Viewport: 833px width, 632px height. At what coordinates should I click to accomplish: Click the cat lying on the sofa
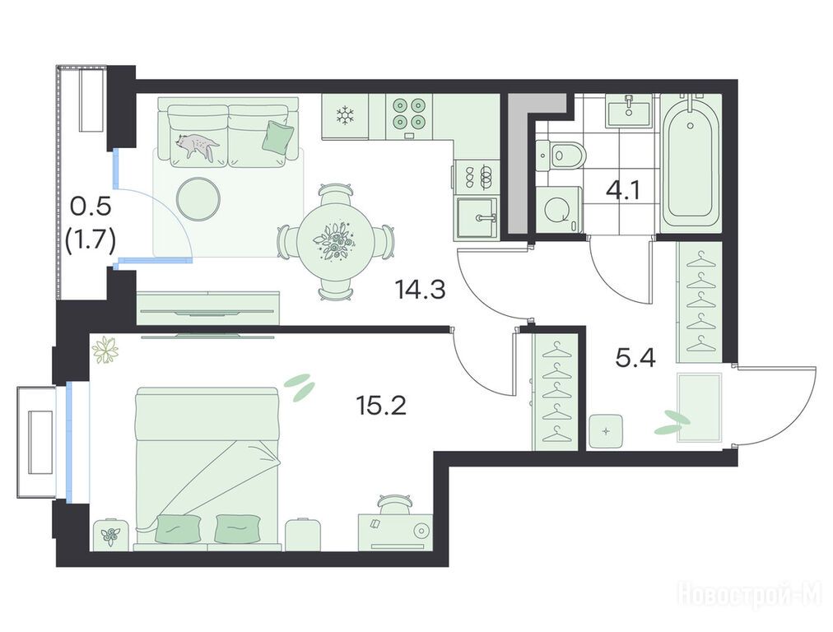(197, 145)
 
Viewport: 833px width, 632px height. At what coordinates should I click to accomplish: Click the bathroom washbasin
(629, 111)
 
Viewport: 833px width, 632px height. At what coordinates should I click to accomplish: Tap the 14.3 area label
(420, 290)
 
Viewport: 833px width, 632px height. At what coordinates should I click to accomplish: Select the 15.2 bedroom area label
(381, 406)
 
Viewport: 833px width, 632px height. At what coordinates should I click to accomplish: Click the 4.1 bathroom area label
(623, 189)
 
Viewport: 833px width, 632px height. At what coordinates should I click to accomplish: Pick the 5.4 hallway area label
(635, 359)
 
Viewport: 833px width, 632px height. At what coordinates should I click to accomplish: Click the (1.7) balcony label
(91, 243)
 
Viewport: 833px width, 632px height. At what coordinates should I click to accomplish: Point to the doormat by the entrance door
(700, 407)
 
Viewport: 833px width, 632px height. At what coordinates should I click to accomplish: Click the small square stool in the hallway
(607, 431)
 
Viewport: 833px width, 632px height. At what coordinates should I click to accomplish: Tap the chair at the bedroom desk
(394, 504)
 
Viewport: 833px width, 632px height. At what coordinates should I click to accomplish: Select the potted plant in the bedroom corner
(105, 350)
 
